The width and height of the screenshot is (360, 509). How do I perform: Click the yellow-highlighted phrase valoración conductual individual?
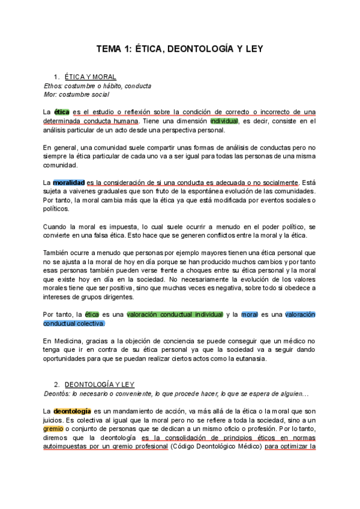click(x=175, y=315)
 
